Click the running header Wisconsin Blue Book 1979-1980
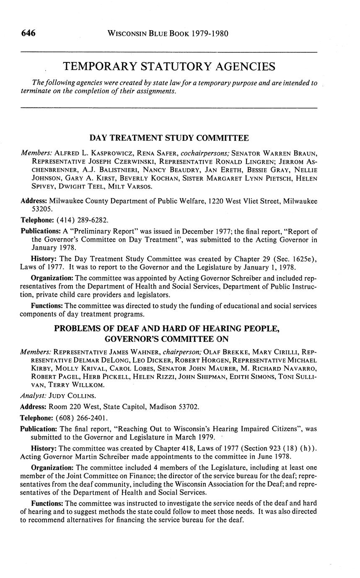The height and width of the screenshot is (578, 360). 168,34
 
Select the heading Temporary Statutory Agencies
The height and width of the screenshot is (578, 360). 169,67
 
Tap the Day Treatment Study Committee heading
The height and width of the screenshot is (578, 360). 169,138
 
